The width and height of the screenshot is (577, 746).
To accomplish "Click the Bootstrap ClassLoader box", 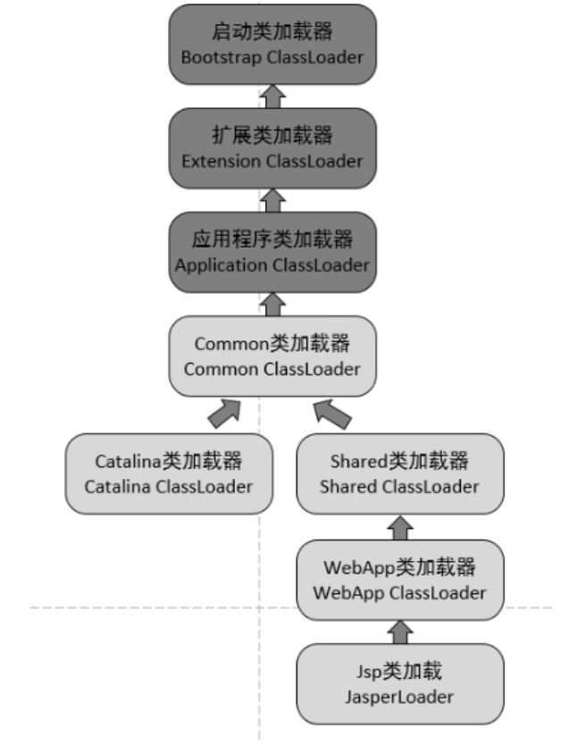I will [x=272, y=44].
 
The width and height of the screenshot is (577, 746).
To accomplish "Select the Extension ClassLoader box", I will [x=272, y=147].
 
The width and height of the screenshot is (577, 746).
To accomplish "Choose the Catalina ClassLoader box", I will [x=168, y=474].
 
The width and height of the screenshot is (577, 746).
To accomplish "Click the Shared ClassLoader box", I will [x=399, y=474].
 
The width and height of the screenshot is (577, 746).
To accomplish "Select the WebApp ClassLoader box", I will [x=399, y=579].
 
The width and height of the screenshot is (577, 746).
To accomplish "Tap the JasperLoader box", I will [x=399, y=683].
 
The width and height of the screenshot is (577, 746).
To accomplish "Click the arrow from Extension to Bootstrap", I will [x=273, y=96].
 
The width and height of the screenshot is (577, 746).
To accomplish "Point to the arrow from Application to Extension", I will [x=273, y=199].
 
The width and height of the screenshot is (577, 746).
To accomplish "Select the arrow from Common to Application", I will [x=273, y=303].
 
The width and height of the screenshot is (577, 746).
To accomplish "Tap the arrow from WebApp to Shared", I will [x=399, y=526].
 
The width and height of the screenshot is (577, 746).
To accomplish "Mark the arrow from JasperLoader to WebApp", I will [x=399, y=632].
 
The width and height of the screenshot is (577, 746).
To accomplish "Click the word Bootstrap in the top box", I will [x=220, y=56].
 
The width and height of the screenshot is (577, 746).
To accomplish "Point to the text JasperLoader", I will [x=399, y=697].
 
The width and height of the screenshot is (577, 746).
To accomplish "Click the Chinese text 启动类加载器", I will [x=272, y=32].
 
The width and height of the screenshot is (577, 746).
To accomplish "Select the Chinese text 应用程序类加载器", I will [x=272, y=239].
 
